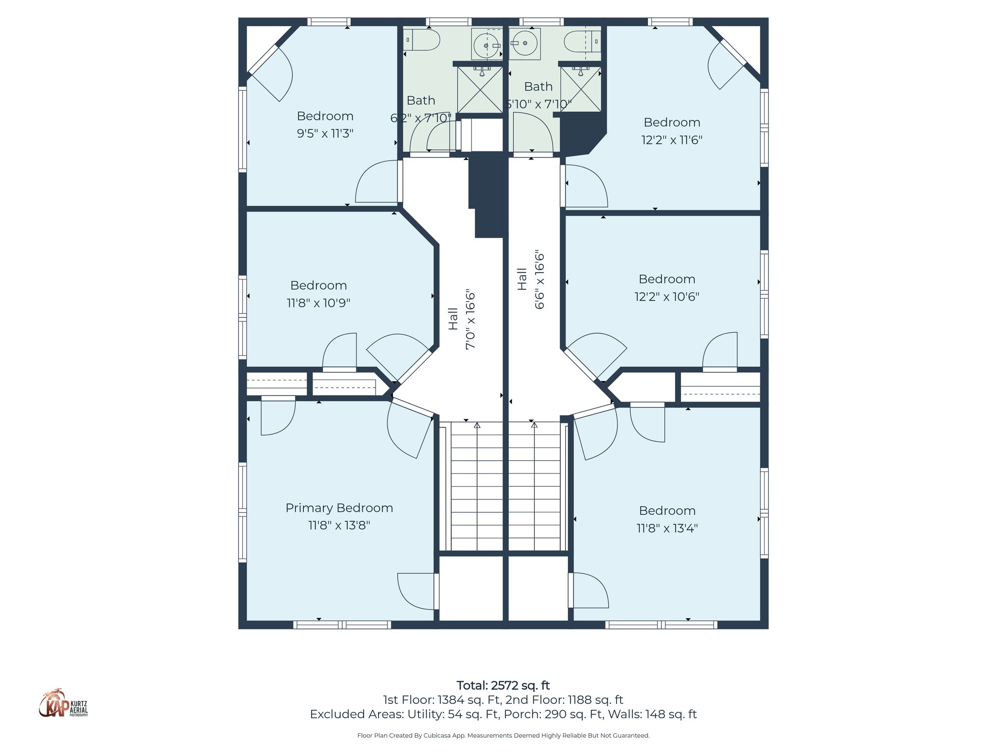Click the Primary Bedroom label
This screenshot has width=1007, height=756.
339,508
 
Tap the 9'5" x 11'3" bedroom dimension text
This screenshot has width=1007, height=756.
325,133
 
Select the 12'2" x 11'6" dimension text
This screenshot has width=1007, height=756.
672,140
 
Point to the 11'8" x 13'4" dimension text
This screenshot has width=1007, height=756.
667,528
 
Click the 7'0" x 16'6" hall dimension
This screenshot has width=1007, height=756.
471,320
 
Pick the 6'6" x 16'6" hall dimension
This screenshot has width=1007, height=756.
539,280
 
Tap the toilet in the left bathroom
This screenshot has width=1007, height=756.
422,40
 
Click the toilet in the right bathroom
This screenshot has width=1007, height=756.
582,41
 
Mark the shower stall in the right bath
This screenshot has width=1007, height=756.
581,89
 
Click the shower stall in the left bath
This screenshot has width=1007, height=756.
480,90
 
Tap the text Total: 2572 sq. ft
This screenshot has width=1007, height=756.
503,686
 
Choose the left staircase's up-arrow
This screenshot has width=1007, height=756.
477,425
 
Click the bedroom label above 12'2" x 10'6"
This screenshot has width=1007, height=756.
667,279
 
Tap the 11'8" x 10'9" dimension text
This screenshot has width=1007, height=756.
318,303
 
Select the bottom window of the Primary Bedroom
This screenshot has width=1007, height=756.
342,625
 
